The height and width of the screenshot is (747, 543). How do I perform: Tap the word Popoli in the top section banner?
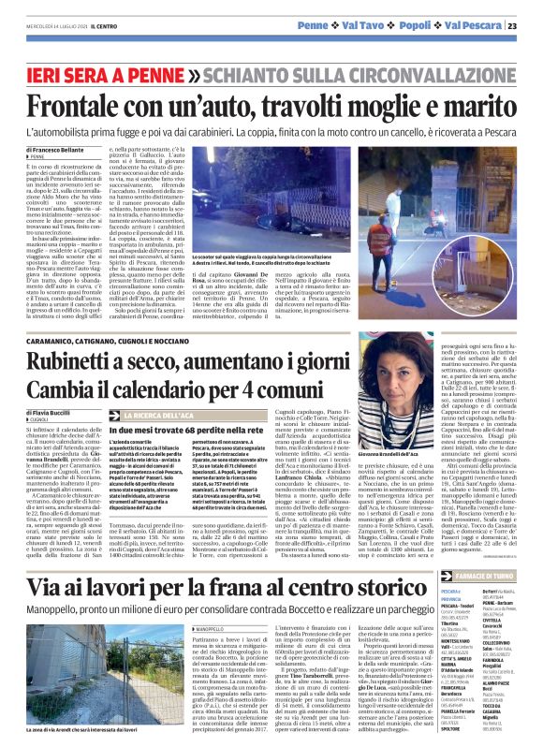(x=417, y=24)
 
